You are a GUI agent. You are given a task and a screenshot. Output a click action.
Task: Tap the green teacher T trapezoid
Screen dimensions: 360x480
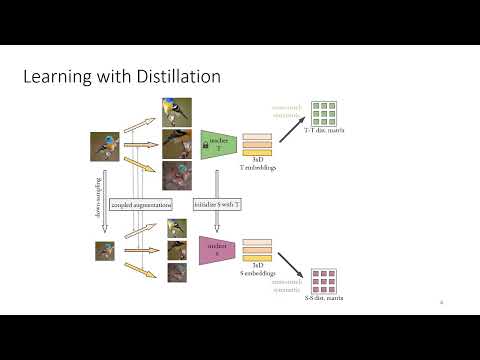[x=216, y=145]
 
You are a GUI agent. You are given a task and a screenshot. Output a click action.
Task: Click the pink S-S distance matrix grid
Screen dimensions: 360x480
[x=324, y=272]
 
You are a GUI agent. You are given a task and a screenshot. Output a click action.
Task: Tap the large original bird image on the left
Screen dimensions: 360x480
[x=105, y=147]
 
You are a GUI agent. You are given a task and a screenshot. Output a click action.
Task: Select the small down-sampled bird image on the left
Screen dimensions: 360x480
[x=105, y=250]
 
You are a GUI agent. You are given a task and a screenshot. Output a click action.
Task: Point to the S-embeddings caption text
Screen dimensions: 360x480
[x=258, y=272]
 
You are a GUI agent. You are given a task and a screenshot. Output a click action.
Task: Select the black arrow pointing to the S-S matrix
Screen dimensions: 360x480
[x=293, y=264]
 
